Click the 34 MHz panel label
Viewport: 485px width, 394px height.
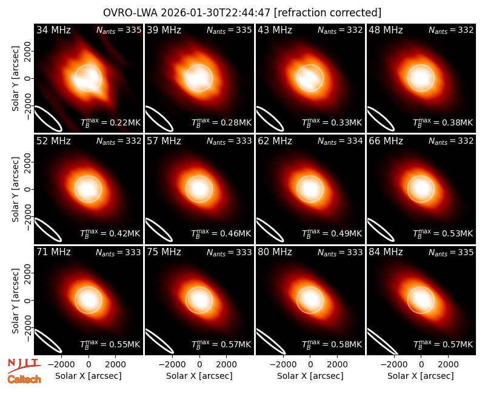[53, 30]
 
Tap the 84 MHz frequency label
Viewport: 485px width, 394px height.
[386, 252]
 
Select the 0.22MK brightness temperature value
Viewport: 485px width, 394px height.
[121, 122]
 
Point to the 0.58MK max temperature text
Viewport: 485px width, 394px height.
[342, 344]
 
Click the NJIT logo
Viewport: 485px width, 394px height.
[24, 365]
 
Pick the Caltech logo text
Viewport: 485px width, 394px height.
[24, 379]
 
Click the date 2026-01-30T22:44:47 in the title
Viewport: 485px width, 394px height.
[216, 13]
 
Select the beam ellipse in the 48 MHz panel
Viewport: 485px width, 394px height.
[381, 119]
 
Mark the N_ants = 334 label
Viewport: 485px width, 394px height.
[339, 141]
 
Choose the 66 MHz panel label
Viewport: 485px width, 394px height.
[386, 141]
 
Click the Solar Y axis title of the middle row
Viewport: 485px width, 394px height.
[15, 189]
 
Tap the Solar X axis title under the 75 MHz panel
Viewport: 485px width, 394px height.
[199, 376]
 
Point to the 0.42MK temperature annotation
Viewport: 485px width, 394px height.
[121, 233]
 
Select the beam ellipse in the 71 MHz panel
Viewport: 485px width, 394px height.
[48, 341]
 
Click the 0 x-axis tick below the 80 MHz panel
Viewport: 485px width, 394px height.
[310, 365]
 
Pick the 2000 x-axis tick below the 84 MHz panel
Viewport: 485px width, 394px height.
[449, 365]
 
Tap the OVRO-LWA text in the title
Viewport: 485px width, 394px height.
[130, 13]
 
